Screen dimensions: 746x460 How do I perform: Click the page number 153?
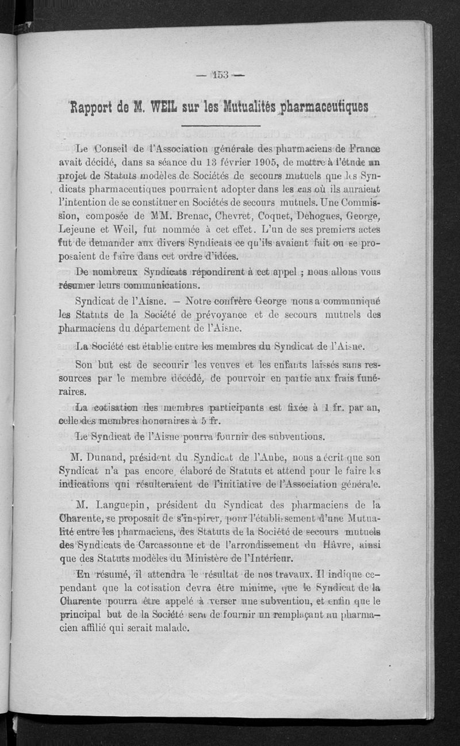coord(220,74)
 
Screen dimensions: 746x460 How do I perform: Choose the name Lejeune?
coord(80,230)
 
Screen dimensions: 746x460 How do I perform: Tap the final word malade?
coord(171,628)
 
